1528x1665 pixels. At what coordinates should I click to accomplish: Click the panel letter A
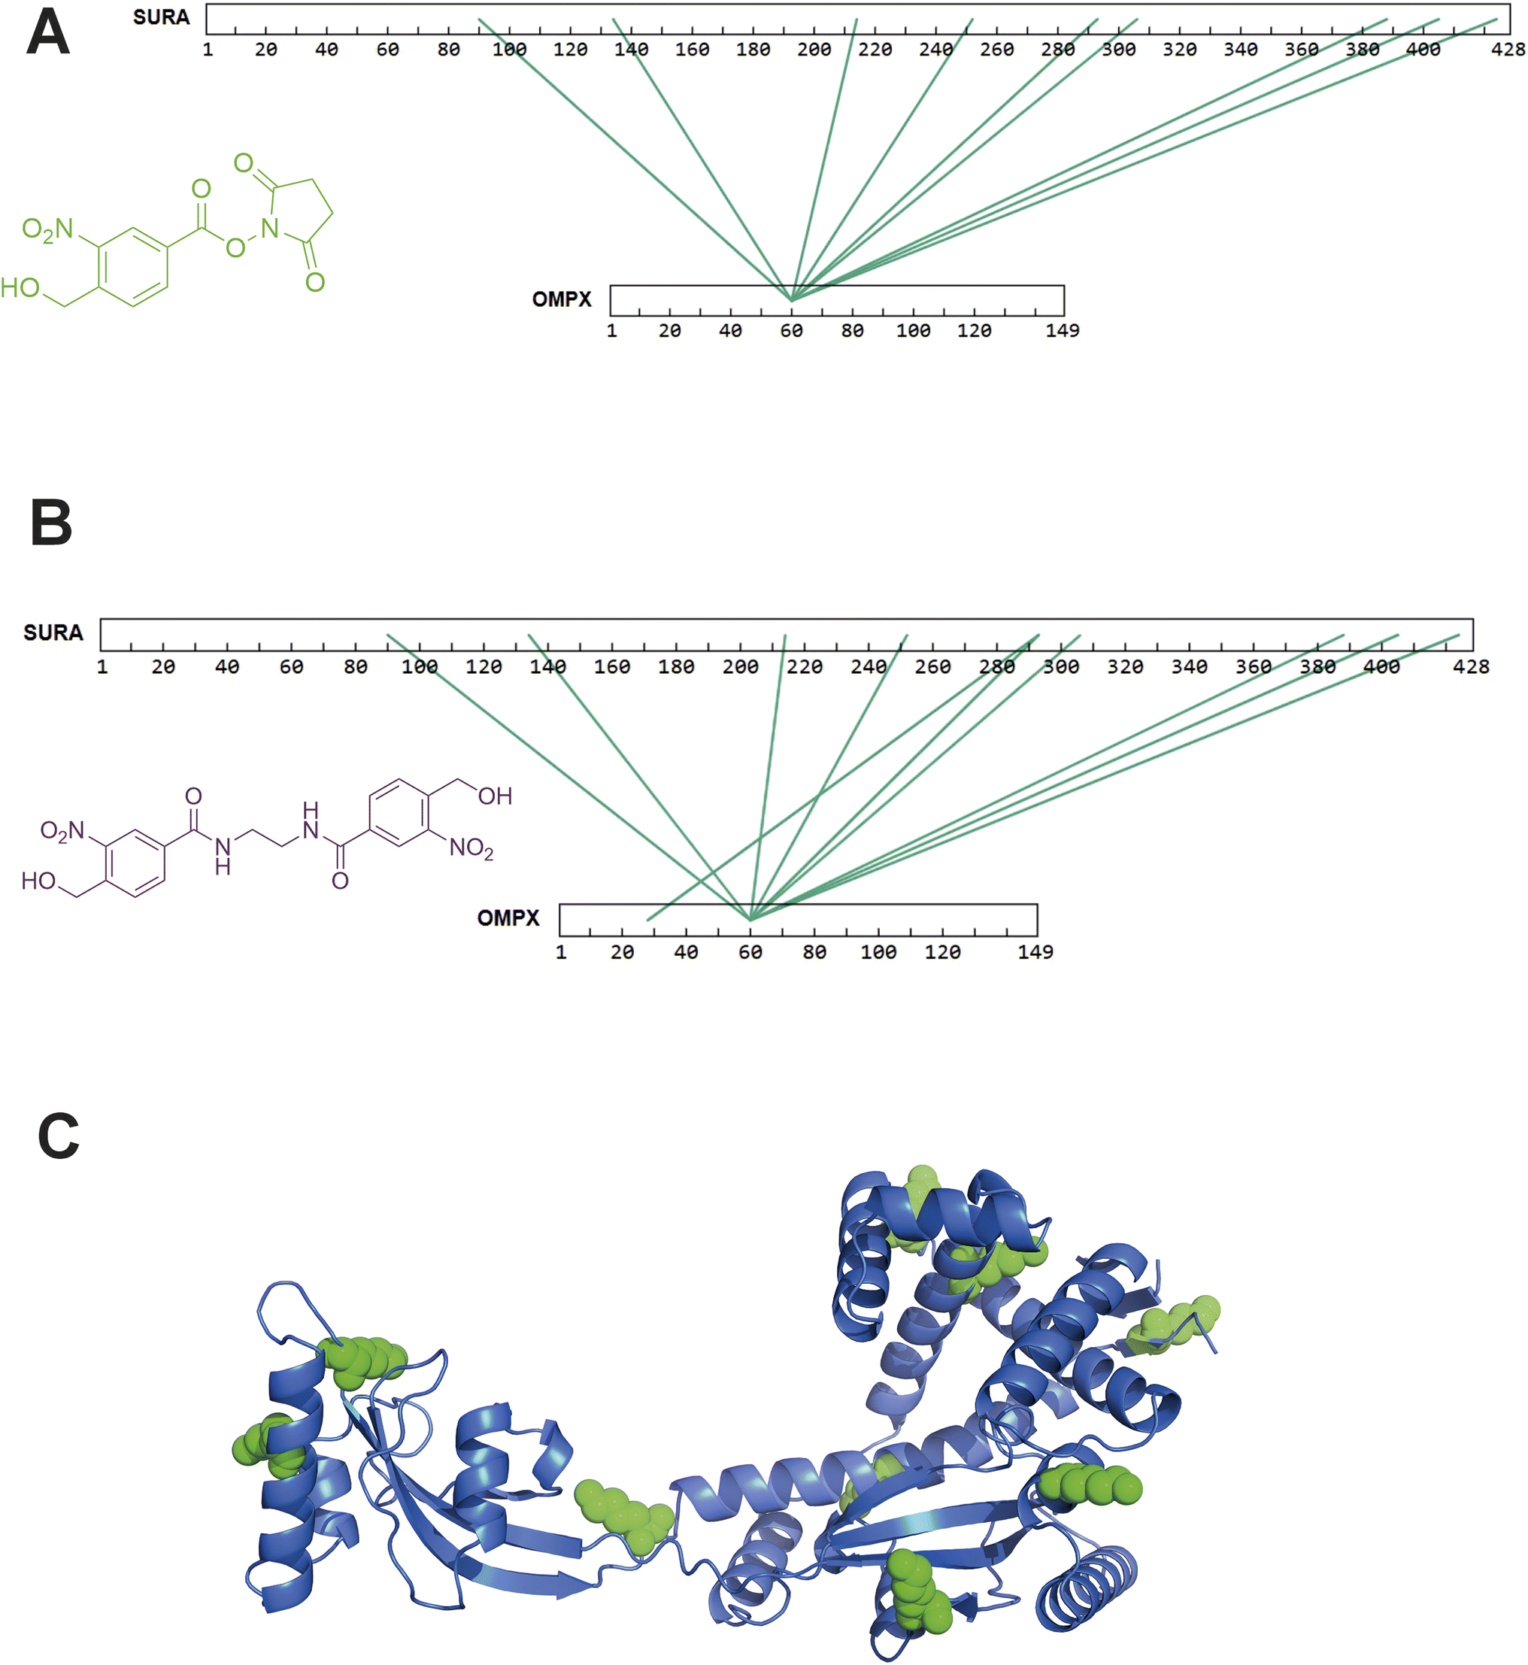click(x=48, y=33)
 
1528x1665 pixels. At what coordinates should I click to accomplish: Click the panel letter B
click(x=51, y=523)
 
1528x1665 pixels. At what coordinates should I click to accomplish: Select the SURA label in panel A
click(x=161, y=17)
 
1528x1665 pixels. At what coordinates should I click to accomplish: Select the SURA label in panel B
click(x=53, y=633)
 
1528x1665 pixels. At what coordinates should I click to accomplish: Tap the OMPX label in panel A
click(x=562, y=299)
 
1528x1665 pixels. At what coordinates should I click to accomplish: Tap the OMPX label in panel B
click(x=508, y=918)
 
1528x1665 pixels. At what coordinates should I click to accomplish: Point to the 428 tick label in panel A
click(x=1508, y=50)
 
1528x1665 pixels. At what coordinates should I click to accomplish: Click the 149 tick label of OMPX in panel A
click(x=1062, y=331)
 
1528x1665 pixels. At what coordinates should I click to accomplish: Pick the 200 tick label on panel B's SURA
click(x=740, y=667)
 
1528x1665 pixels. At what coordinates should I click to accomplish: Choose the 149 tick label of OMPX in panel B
click(x=1035, y=952)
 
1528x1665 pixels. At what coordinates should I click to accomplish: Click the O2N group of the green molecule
click(x=47, y=230)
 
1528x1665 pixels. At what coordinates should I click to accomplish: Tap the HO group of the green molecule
click(x=20, y=288)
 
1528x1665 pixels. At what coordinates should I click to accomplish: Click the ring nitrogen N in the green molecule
click(x=269, y=228)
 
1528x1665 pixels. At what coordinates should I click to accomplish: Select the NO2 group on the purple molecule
click(x=471, y=848)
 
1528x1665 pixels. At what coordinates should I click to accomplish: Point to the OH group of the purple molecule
click(x=495, y=796)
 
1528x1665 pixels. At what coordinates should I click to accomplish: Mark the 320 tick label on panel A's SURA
click(x=1179, y=50)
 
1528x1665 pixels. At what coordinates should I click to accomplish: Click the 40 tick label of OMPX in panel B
click(x=686, y=952)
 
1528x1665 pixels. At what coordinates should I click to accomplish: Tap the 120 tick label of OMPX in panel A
click(x=974, y=331)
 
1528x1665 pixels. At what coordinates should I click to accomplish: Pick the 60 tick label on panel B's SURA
click(x=291, y=667)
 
